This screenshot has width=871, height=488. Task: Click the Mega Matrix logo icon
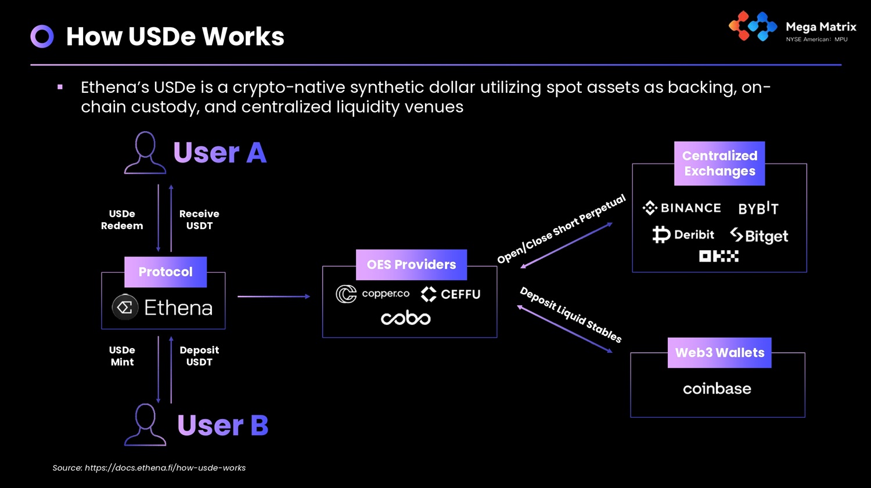point(753,26)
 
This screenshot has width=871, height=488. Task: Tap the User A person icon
point(145,153)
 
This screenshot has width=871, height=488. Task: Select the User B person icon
point(145,425)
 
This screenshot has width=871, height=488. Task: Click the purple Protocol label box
point(165,272)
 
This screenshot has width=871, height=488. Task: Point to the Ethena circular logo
point(125,308)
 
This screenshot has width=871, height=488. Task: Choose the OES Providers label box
point(411,265)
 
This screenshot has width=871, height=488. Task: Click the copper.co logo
point(373,294)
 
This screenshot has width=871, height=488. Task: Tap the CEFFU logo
point(451,294)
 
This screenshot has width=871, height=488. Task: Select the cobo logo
point(405,318)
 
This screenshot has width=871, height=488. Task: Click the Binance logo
point(682,208)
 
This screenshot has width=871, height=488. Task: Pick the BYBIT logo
point(758,208)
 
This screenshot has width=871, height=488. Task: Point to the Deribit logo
point(683,234)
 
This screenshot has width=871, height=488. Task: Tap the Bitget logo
point(759,236)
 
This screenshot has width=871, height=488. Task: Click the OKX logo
point(719,256)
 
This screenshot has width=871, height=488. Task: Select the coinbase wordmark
point(717,389)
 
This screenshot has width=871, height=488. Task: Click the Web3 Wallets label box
point(719,353)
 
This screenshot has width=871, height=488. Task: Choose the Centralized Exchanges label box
point(719,164)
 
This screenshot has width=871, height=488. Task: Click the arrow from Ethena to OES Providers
point(273,297)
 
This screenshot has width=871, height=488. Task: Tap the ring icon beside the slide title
point(42,37)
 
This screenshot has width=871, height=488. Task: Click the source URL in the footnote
point(165,468)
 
